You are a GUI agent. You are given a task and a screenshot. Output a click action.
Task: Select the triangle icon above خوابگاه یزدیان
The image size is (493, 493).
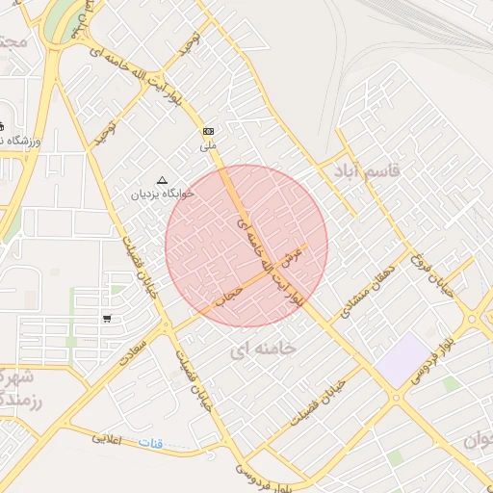click(x=162, y=180)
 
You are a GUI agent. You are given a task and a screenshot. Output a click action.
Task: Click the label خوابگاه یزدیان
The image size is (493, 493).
click(x=164, y=193)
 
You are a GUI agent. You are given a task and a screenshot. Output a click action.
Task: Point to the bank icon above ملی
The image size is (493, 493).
click(x=208, y=131)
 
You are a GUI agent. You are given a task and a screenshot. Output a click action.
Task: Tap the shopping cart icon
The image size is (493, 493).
click(x=106, y=318)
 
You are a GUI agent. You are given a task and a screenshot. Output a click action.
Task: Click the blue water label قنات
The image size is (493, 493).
click(x=151, y=443)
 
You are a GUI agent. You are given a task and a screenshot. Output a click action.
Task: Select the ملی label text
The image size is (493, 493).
click(x=208, y=146)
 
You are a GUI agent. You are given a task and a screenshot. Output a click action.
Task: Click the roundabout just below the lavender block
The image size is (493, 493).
click(x=397, y=397)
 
